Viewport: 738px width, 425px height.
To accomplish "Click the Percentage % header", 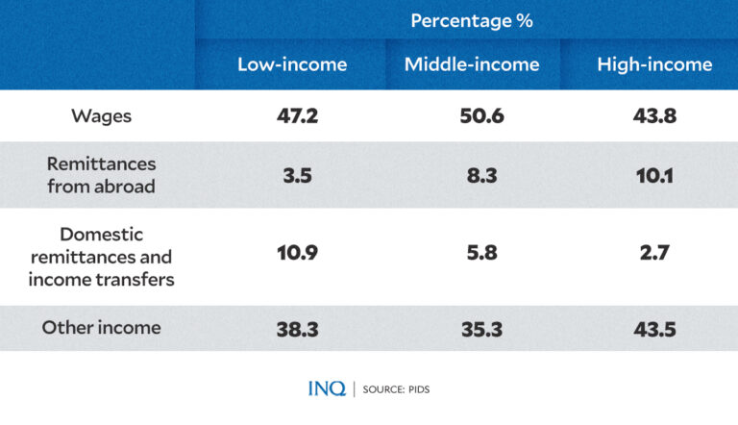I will tap(471, 20).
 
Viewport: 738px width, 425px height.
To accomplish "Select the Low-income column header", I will tap(292, 65).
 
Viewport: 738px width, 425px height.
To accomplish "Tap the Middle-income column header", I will tap(472, 65).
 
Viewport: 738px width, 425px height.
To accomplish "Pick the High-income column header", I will tap(654, 65).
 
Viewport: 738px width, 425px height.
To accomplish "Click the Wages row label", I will tap(101, 116).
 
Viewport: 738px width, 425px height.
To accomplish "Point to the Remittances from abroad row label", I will tap(101, 175).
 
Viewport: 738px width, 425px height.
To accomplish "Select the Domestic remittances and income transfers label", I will tap(101, 257).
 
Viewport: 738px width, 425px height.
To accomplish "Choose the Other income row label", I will tap(101, 328).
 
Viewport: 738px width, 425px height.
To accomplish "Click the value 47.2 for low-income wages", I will tap(292, 116).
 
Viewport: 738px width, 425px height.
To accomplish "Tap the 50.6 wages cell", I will tap(472, 116).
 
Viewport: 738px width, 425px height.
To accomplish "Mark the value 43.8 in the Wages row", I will tap(654, 116).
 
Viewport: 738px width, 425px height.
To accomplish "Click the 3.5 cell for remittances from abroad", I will tap(292, 176).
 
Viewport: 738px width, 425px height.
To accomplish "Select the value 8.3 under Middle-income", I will tap(472, 176).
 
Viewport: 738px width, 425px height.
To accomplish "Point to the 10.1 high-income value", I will tap(654, 176).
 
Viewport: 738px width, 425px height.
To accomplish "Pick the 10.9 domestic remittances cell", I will tap(292, 257).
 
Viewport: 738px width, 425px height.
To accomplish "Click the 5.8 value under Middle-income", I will tap(472, 257).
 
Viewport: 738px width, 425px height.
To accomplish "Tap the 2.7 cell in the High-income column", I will tap(654, 257).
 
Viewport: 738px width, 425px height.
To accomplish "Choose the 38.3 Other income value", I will tap(292, 329).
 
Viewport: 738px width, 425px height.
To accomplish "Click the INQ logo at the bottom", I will tap(326, 388).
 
